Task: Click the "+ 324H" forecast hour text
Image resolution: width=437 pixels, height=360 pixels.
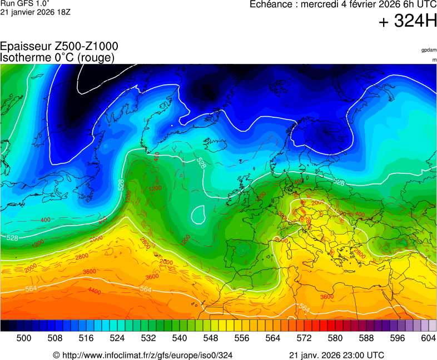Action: pos(408,22)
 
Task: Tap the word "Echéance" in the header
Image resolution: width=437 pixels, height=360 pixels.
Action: pos(271,4)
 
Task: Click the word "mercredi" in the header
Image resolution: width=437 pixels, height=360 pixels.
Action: pos(321,4)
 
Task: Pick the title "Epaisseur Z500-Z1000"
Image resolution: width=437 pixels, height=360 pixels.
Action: pos(59,47)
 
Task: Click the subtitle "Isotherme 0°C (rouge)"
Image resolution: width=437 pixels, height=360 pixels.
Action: pos(58,57)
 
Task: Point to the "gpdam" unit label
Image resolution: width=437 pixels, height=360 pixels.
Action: pos(429,50)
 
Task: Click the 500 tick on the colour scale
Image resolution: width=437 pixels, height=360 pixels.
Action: pos(24,337)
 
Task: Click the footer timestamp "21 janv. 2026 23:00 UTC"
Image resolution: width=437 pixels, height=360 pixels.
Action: pos(336,355)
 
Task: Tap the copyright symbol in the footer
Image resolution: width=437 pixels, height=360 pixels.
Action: pos(56,355)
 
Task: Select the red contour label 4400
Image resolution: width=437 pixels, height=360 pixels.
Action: pos(94,291)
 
